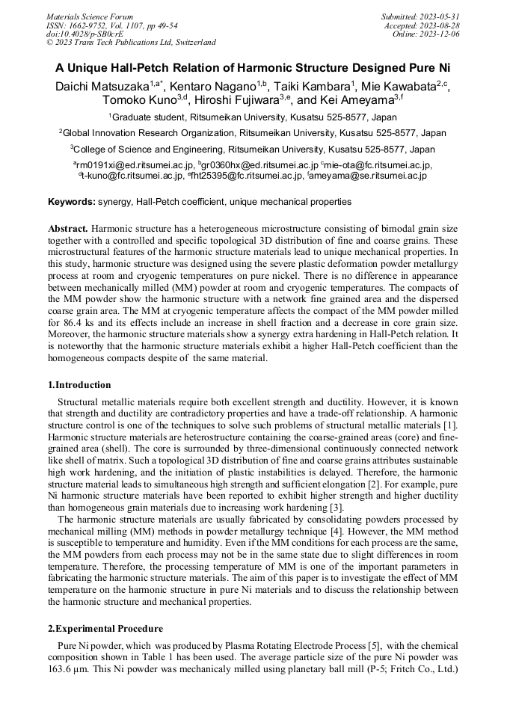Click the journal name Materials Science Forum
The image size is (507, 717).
click(x=90, y=16)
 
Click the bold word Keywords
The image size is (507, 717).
click(x=71, y=202)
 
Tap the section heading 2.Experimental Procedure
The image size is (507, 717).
click(x=105, y=628)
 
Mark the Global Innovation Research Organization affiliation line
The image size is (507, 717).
click(x=253, y=133)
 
